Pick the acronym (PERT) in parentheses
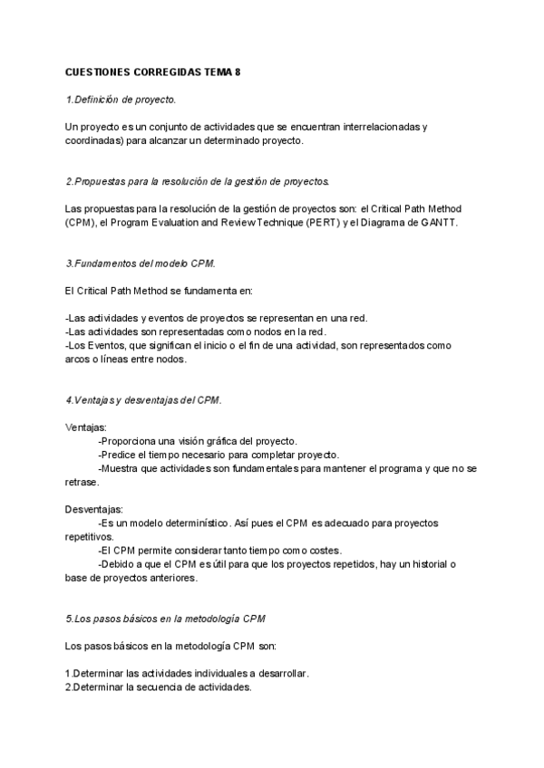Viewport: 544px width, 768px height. click(332, 223)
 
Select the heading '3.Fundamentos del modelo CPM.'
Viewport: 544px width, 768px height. click(141, 264)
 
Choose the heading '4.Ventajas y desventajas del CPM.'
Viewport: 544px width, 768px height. click(143, 399)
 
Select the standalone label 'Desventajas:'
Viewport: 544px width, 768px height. click(95, 510)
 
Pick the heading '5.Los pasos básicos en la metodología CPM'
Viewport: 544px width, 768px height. click(166, 619)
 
